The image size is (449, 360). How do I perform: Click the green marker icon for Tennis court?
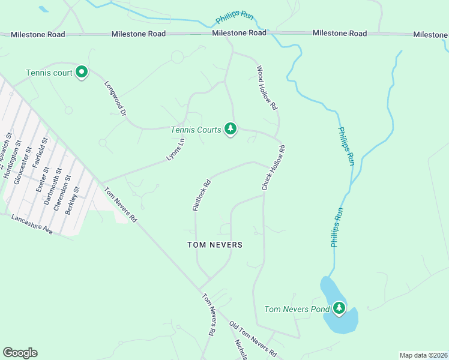(82, 73)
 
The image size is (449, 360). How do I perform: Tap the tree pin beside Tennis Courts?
(230, 129)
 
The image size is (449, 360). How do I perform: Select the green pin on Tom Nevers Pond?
(339, 309)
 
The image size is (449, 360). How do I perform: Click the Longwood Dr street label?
(116, 98)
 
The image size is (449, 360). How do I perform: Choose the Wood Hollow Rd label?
(267, 88)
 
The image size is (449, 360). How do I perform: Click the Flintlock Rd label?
(202, 196)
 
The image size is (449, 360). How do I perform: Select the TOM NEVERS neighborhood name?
(215, 245)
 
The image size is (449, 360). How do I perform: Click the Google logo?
(20, 353)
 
